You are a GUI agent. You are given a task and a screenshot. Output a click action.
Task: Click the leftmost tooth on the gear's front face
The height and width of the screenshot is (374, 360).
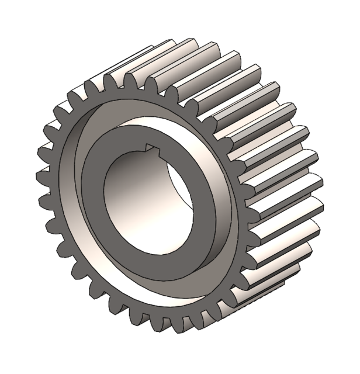(x=41, y=175)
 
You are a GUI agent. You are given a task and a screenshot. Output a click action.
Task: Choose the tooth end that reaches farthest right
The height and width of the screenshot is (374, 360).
(x=319, y=184)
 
